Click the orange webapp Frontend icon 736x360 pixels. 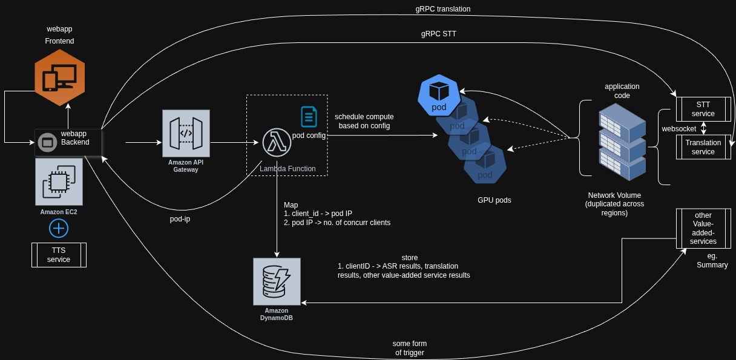pyautogui.click(x=59, y=78)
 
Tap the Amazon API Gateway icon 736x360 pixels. pyautogui.click(x=186, y=133)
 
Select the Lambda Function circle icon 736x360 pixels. pyautogui.click(x=276, y=143)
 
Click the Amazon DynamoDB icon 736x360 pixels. pyautogui.click(x=277, y=281)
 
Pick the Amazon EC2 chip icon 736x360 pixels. pyautogui.click(x=59, y=182)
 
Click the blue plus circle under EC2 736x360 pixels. pyautogui.click(x=59, y=229)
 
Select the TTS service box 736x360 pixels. pyautogui.click(x=59, y=255)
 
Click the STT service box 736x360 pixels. pyautogui.click(x=703, y=110)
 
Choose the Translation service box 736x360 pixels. pyautogui.click(x=703, y=147)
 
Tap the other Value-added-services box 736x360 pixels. pyautogui.click(x=703, y=228)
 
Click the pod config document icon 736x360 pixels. pyautogui.click(x=309, y=116)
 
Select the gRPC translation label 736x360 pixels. pyautogui.click(x=443, y=9)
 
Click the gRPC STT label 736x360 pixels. pyautogui.click(x=439, y=34)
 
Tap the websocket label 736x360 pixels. pyautogui.click(x=678, y=129)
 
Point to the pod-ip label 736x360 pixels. pyautogui.click(x=180, y=218)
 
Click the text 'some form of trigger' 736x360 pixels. pyautogui.click(x=410, y=348)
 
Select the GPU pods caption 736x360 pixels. pyautogui.click(x=494, y=200)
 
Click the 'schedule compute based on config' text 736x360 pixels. pyautogui.click(x=364, y=121)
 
